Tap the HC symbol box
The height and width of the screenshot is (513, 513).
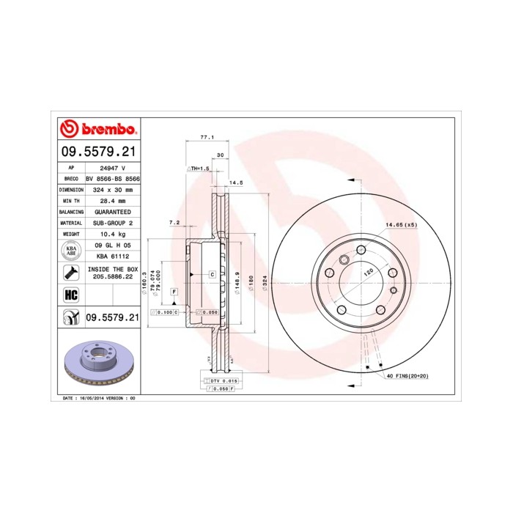(x=71, y=295)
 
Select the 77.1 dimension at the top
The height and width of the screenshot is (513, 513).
(x=206, y=137)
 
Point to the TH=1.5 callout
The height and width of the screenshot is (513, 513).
(x=199, y=169)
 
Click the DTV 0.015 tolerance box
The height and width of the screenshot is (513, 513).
(x=218, y=382)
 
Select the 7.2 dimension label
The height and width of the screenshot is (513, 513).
(x=174, y=222)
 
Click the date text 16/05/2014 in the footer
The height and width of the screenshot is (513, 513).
(x=87, y=398)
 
